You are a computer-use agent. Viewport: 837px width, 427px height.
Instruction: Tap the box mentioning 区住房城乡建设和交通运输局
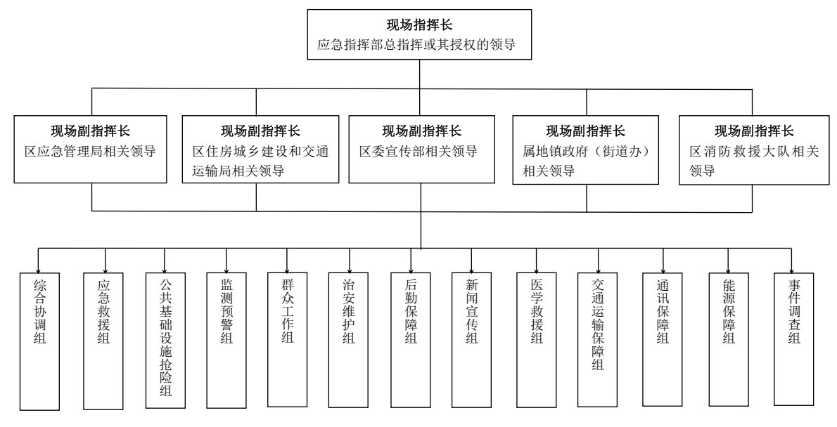tap(255, 150)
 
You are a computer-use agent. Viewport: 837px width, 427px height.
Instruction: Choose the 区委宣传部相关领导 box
tap(421, 150)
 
